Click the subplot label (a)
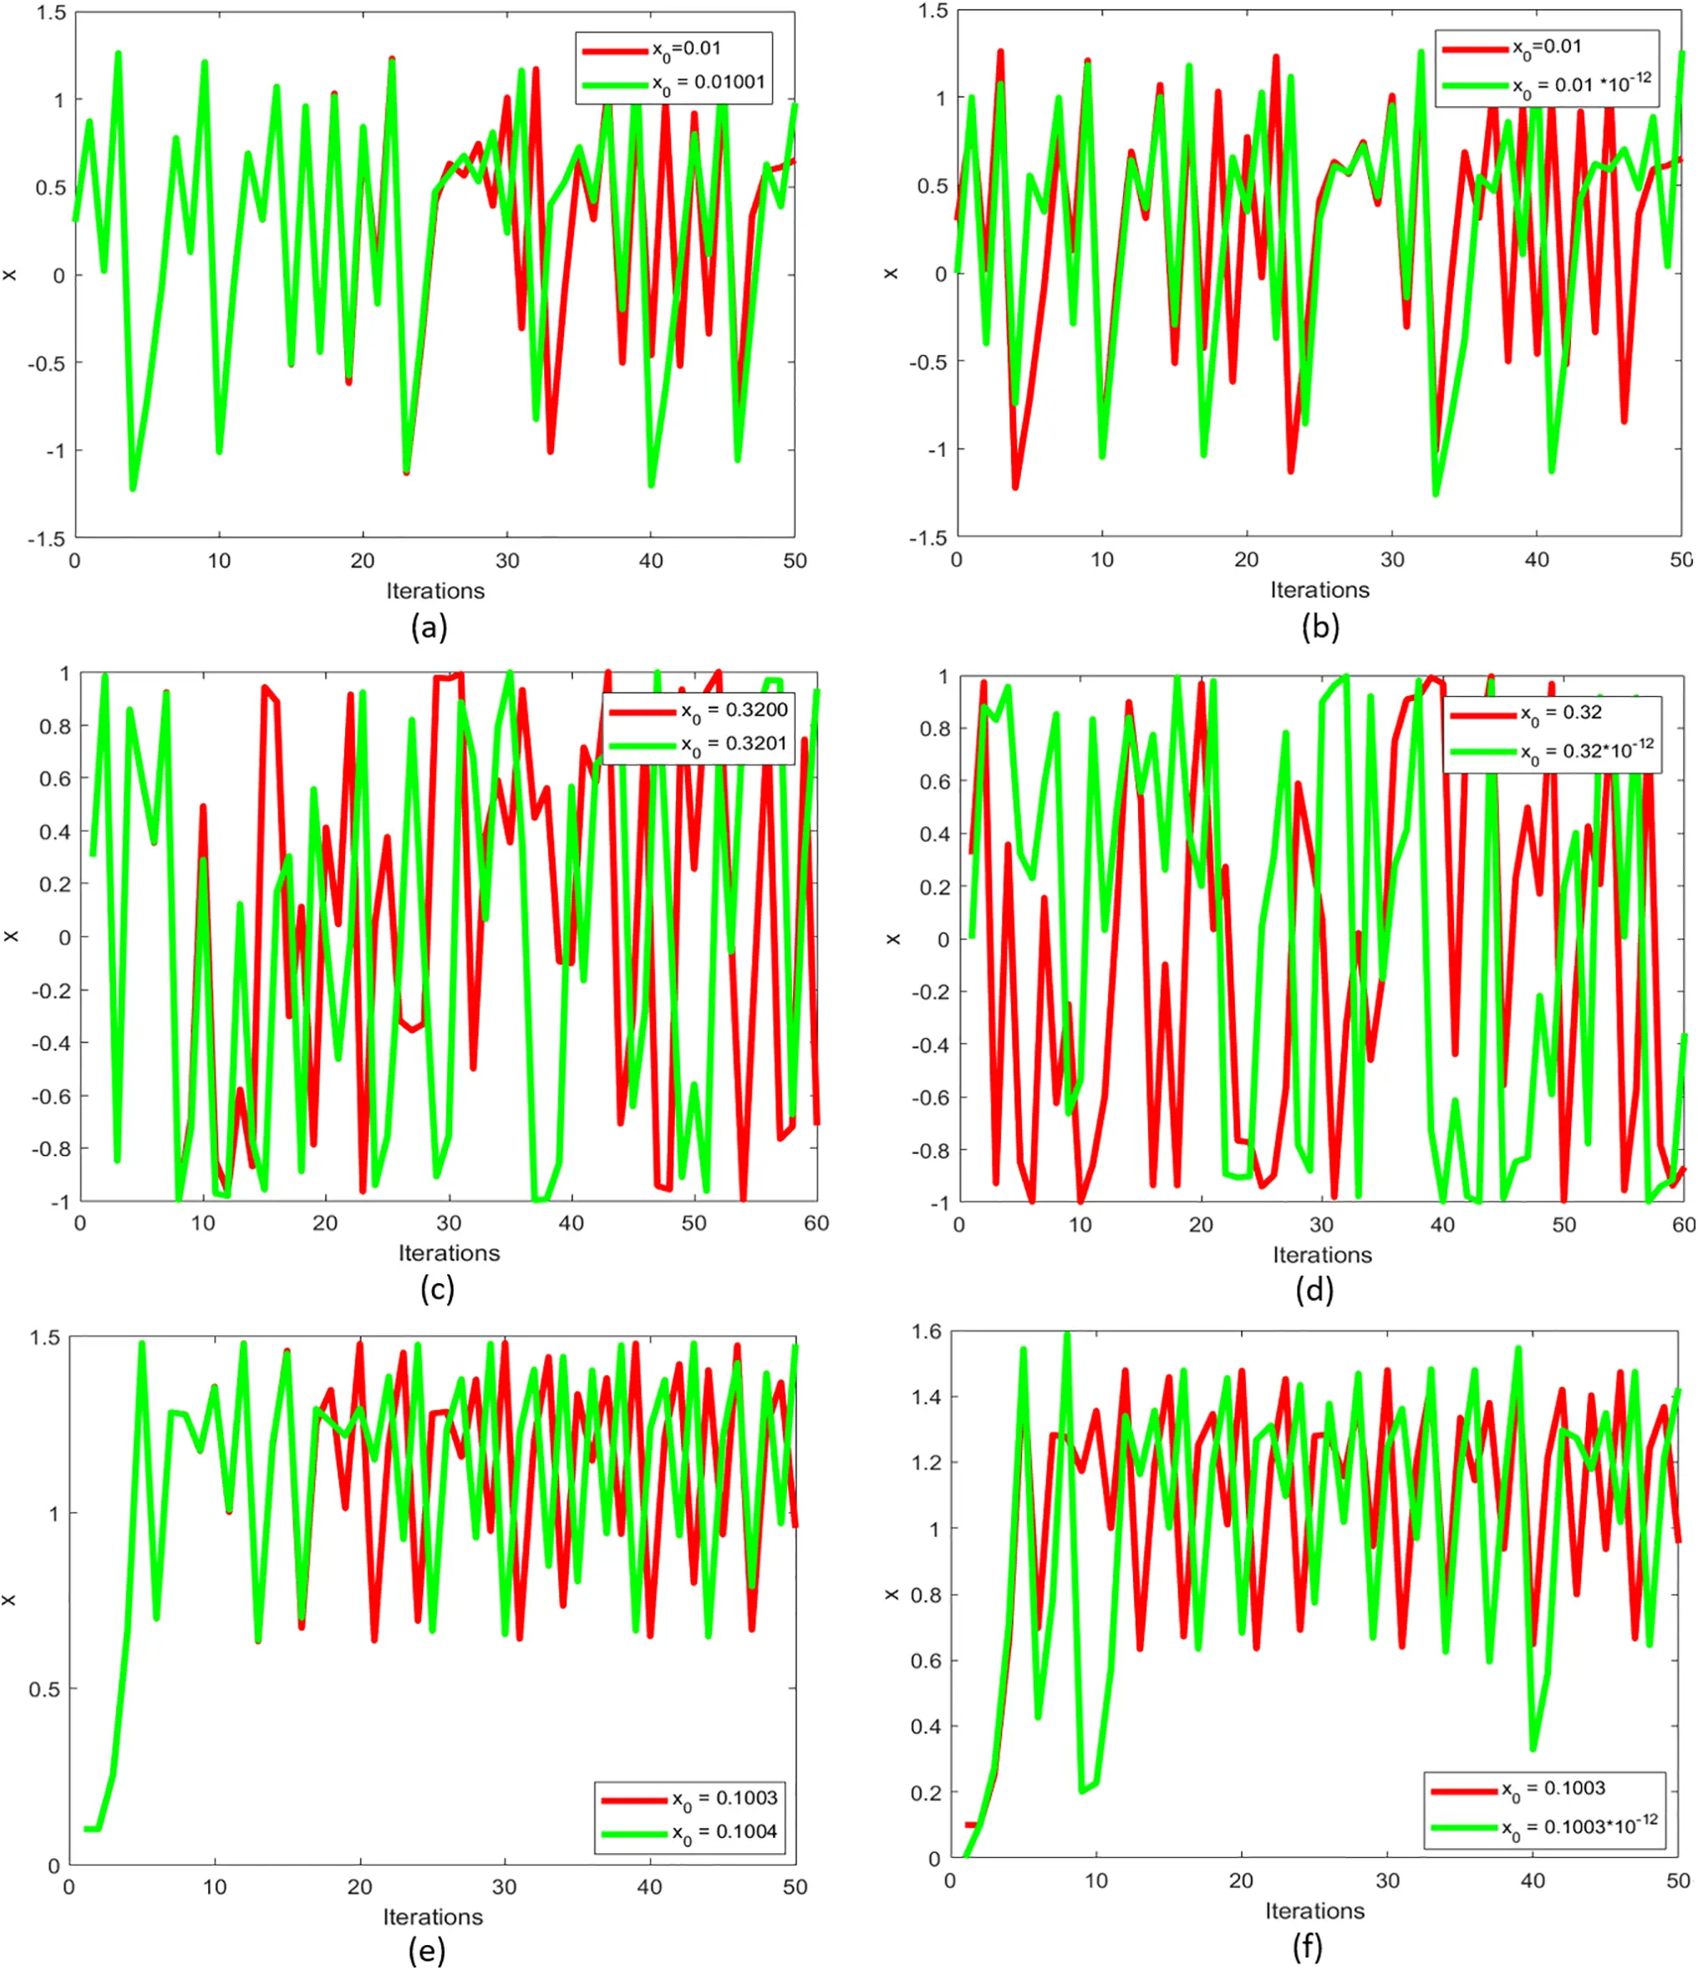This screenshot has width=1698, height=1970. coord(429,627)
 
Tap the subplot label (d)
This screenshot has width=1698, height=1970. coord(1314,1289)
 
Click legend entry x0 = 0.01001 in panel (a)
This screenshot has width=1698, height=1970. coord(709,83)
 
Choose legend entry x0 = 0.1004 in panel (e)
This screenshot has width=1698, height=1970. coord(724,1832)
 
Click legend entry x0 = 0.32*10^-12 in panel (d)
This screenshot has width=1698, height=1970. coord(1587,750)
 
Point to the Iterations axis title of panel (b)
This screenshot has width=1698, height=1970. coord(1319,590)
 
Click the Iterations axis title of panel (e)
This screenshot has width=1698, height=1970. coord(433,1917)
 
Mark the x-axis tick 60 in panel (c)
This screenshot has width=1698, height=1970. coord(816,1224)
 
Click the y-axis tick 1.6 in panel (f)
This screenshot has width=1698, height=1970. coord(925,1331)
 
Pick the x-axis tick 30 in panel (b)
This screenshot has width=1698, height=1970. coord(1392,560)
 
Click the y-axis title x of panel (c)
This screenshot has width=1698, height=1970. coord(12,937)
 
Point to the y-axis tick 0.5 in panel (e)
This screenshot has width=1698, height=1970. coord(43,1689)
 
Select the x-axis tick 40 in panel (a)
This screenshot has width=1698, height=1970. coord(650,561)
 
